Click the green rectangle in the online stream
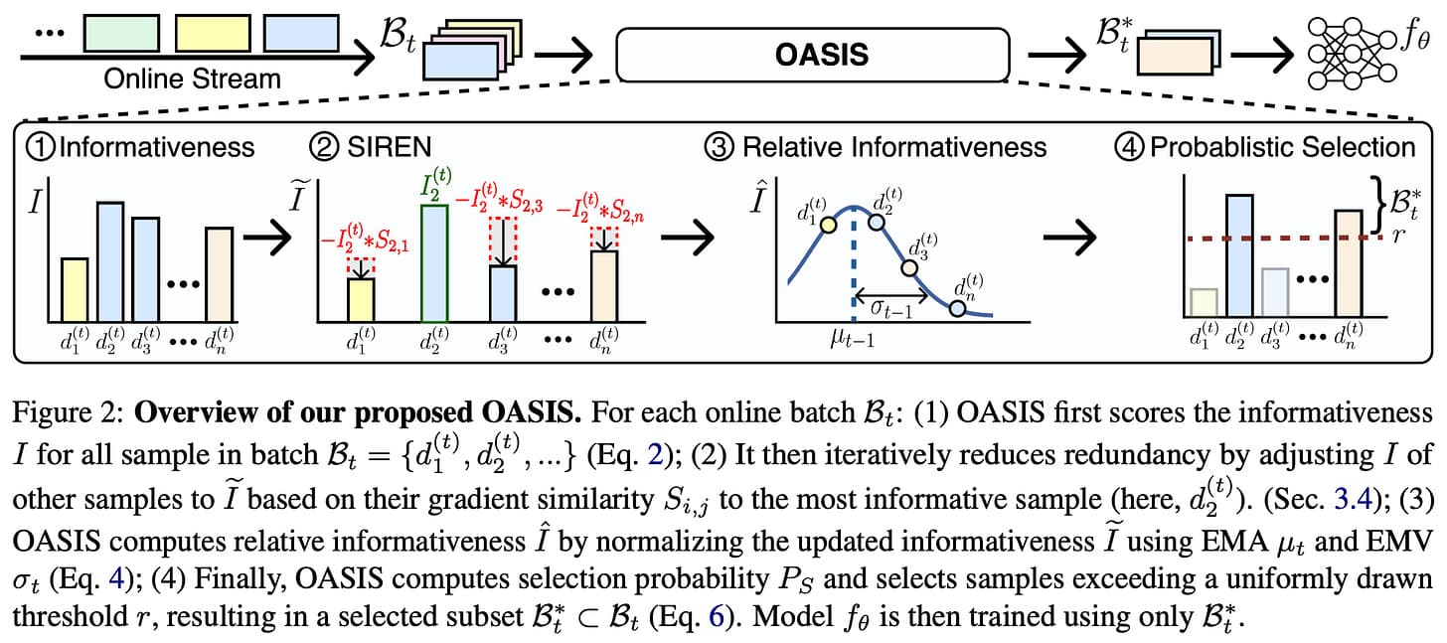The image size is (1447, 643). click(x=117, y=32)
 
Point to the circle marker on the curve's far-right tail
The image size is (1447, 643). click(x=957, y=308)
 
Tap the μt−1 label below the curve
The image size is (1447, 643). click(x=850, y=340)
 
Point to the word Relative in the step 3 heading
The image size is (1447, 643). click(x=793, y=148)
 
